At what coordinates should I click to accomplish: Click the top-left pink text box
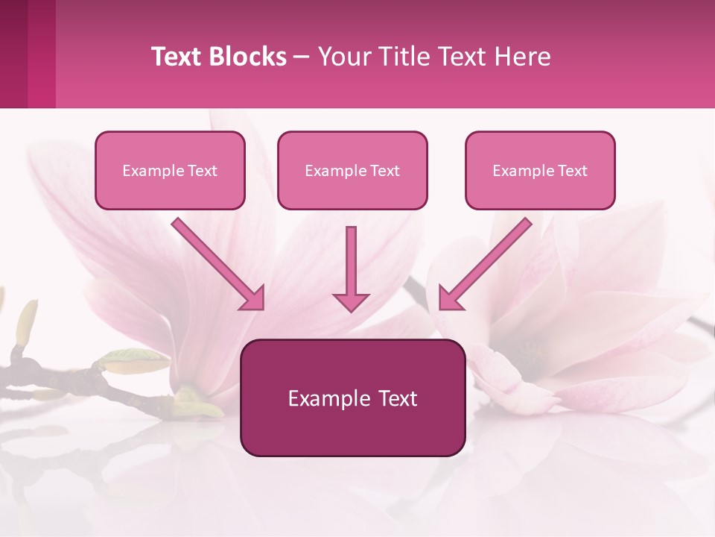[170, 170]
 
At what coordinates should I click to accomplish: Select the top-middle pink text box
[352, 170]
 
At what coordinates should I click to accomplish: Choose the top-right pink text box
[540, 170]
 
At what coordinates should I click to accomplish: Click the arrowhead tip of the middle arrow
[351, 307]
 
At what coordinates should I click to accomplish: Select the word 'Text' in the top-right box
[572, 171]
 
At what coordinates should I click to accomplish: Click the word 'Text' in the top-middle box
[384, 171]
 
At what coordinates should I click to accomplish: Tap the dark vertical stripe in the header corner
[13, 54]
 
